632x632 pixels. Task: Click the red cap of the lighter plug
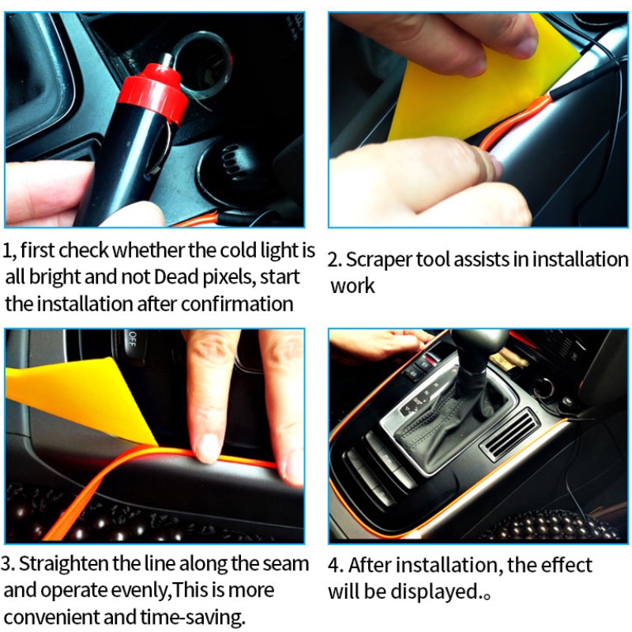pyautogui.click(x=154, y=92)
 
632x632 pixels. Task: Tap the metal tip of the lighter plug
pyautogui.click(x=166, y=61)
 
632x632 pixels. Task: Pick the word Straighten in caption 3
pyautogui.click(x=64, y=564)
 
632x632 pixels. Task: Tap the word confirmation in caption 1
pyautogui.click(x=237, y=304)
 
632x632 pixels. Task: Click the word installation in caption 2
pyautogui.click(x=581, y=260)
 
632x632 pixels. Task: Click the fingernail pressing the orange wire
pyautogui.click(x=208, y=448)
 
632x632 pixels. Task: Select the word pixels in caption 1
pyautogui.click(x=229, y=278)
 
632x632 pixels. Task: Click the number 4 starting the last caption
pyautogui.click(x=334, y=566)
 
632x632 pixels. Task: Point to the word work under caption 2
pyautogui.click(x=352, y=286)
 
